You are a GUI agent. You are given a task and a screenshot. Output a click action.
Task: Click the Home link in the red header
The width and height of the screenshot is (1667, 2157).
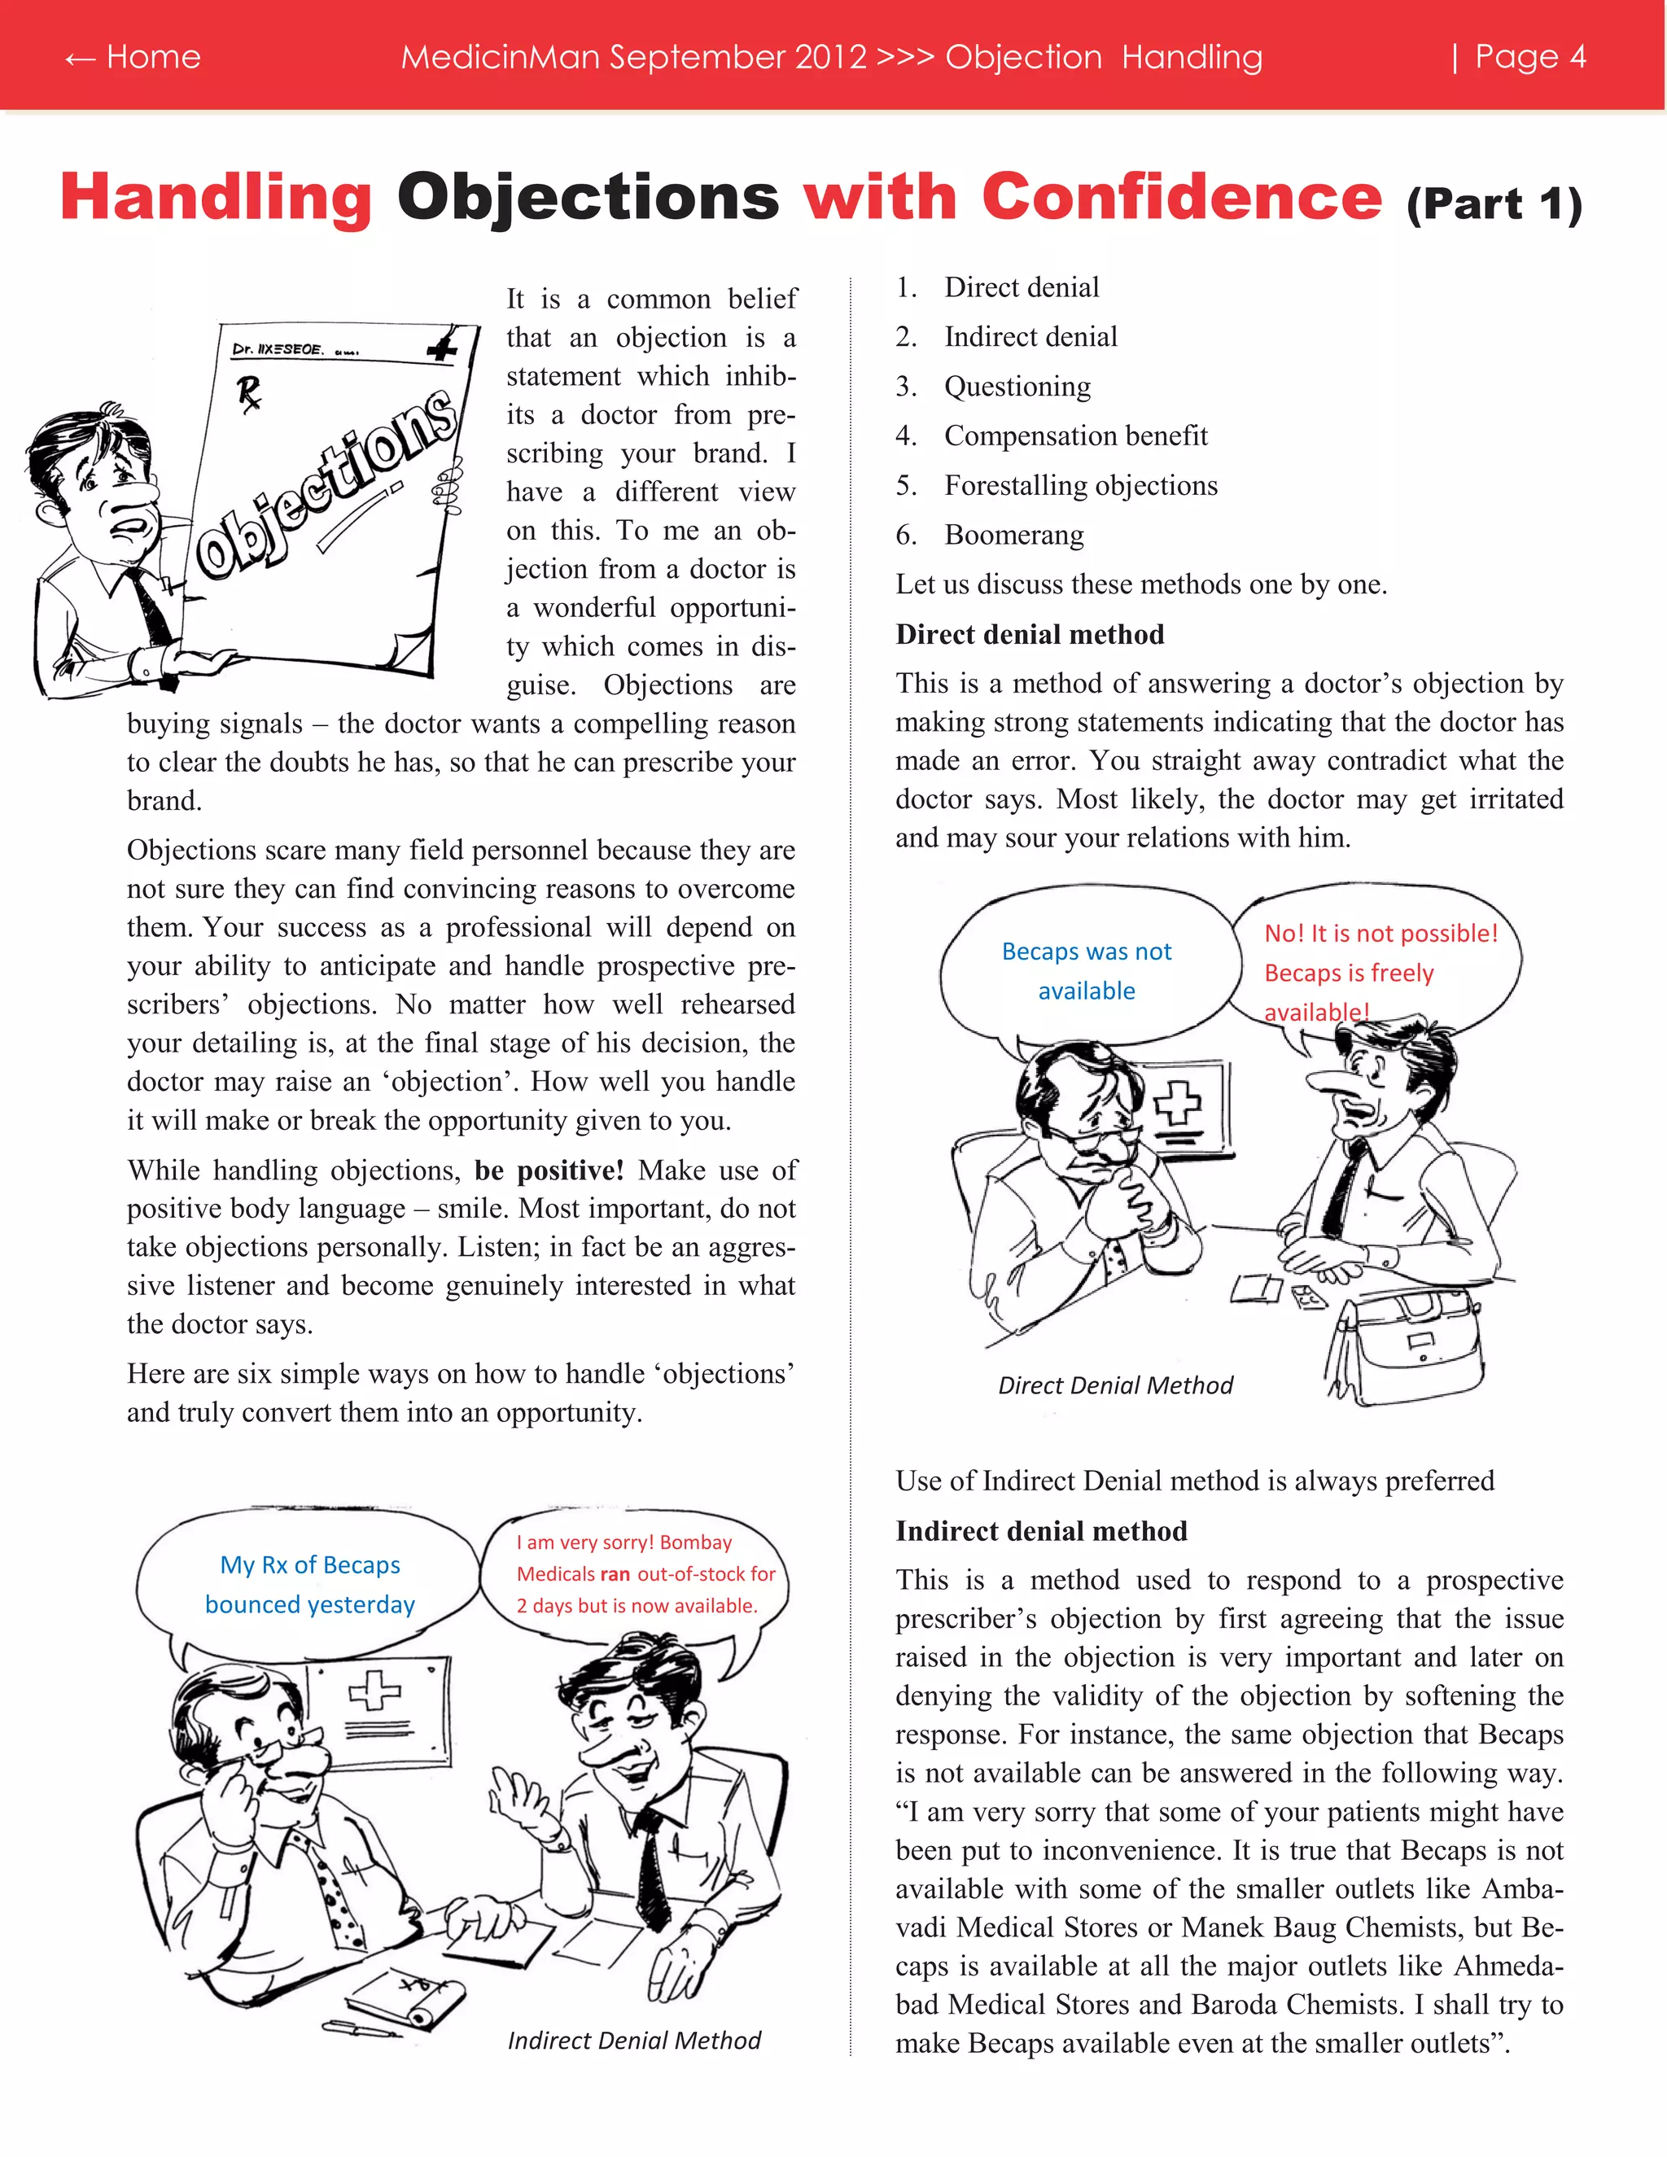133,56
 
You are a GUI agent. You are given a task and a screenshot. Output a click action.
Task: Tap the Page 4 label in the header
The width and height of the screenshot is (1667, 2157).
1529,56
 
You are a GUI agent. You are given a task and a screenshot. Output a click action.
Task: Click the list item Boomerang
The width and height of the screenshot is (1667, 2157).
1013,536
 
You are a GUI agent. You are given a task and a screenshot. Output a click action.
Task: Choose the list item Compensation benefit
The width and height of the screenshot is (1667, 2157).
1074,435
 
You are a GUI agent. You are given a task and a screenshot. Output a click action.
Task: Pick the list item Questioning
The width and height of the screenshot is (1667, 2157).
1017,386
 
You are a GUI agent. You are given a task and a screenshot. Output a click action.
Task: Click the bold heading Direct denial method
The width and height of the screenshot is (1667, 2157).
1029,634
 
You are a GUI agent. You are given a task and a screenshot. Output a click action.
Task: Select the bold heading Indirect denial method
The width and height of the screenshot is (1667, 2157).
1041,1531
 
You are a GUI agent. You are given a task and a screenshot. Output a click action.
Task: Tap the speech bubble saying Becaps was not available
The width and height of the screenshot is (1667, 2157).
1087,970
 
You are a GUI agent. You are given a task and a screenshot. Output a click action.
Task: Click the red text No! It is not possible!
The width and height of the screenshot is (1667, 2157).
1380,934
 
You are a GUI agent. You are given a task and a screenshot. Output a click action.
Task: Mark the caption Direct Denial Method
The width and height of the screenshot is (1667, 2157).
1115,1385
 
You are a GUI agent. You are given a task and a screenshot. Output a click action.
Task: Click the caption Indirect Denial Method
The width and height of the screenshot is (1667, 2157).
634,2041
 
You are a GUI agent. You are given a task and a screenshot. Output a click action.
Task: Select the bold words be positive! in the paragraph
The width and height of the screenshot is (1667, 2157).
549,1170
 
